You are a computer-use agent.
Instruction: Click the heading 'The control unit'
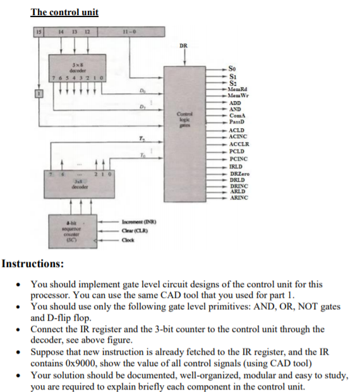[x=66, y=12]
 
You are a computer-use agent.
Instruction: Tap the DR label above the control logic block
[x=183, y=45]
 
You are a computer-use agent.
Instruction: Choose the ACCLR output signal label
[x=239, y=145]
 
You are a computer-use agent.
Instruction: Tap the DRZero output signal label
[x=239, y=173]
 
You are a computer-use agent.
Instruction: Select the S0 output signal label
[x=234, y=68]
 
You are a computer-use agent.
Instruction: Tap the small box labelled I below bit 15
[x=38, y=94]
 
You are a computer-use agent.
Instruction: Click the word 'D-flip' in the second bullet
[x=62, y=318]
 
